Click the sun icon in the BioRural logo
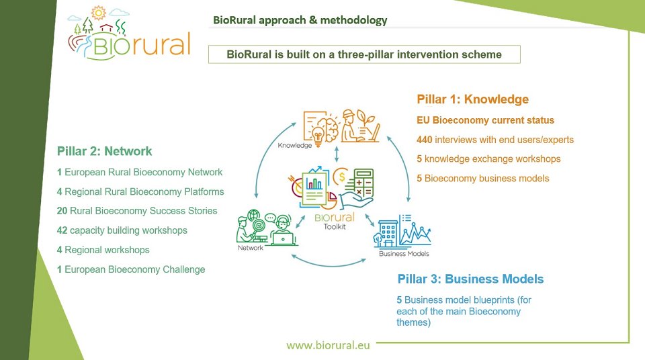click(x=98, y=13)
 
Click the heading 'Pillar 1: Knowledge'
click(x=472, y=99)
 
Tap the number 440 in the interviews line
click(x=424, y=140)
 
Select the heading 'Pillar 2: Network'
click(x=105, y=151)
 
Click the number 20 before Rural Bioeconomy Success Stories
click(x=62, y=211)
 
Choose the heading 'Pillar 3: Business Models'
click(x=470, y=279)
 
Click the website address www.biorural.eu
click(x=329, y=345)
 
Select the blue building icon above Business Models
click(x=388, y=234)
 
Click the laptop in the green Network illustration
click(x=284, y=238)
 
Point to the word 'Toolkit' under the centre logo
click(x=335, y=227)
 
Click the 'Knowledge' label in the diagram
click(x=294, y=145)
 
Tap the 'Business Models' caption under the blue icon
click(x=404, y=254)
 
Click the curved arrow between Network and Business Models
click(x=329, y=265)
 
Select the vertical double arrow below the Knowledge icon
click(x=337, y=154)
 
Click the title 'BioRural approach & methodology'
click(x=300, y=20)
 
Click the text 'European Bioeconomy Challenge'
click(x=135, y=269)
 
